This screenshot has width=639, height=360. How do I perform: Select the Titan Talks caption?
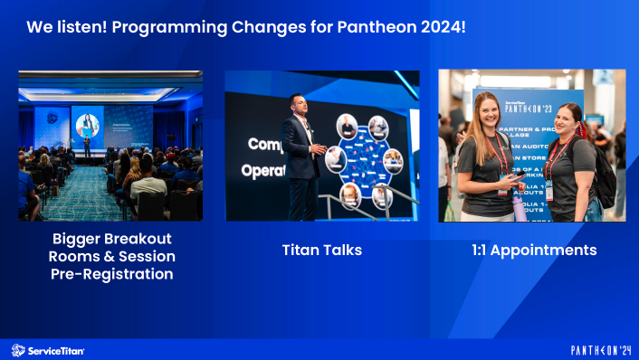click(321, 251)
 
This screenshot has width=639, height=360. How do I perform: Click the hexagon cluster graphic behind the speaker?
click(362, 158)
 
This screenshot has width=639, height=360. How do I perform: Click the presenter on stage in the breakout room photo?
click(87, 144)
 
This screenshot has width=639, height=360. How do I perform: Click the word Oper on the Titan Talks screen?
click(261, 170)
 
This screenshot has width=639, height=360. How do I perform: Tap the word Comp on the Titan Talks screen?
click(265, 143)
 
